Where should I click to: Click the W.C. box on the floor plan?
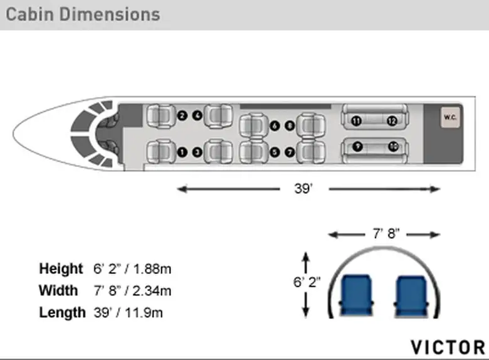450,117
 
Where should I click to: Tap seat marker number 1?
182,152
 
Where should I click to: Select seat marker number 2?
182,116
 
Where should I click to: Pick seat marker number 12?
392,120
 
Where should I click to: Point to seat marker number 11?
356,120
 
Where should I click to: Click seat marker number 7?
290,152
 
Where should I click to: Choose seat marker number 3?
197,152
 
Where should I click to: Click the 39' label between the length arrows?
303,188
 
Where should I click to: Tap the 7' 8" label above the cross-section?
386,233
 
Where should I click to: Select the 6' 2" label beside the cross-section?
307,282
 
